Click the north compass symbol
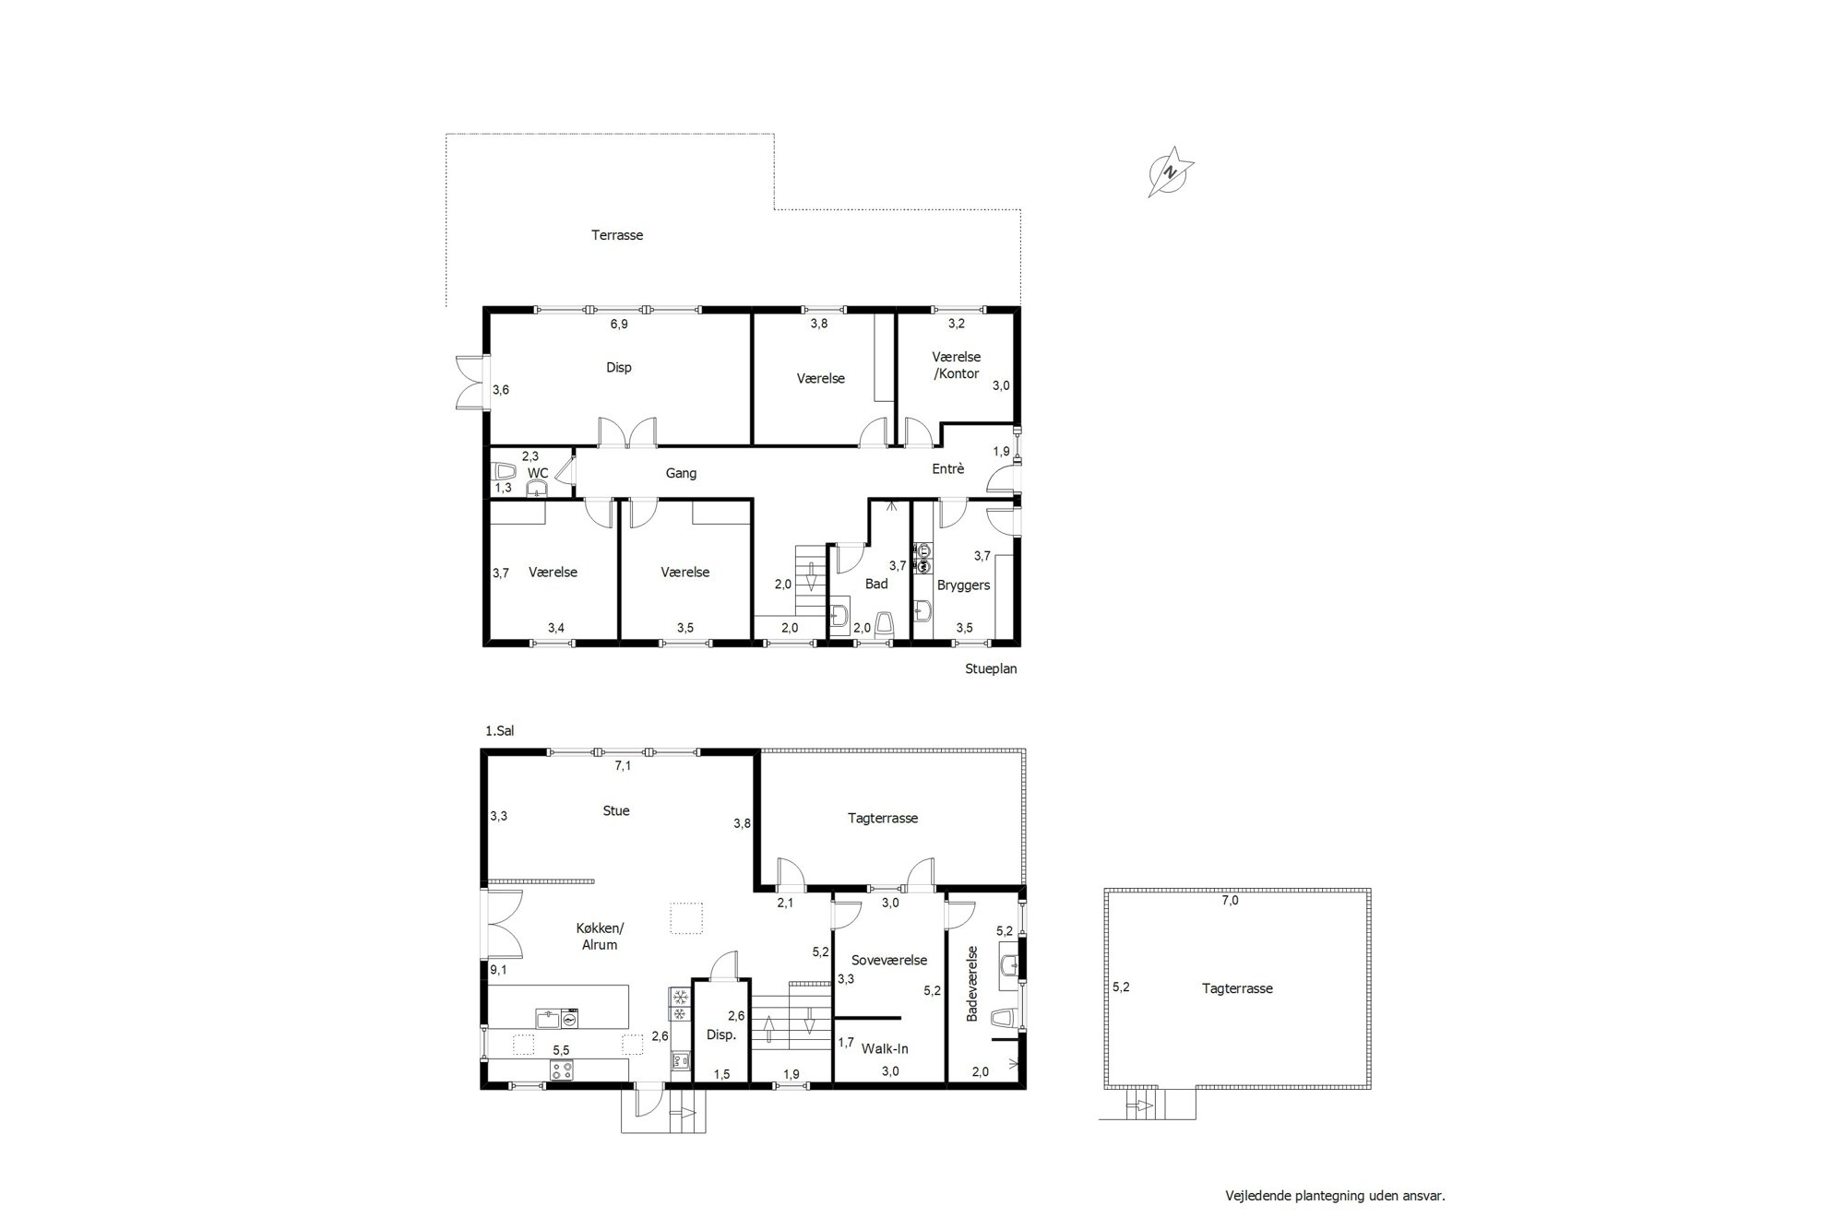(1171, 171)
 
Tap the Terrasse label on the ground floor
(617, 235)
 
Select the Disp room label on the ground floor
(619, 368)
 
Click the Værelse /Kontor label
(957, 365)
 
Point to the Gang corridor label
(681, 473)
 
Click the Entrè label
(948, 468)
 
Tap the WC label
(538, 473)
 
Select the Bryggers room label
(964, 585)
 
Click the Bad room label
(876, 584)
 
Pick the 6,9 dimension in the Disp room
(619, 324)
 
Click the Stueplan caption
(991, 668)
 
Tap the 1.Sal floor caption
(499, 731)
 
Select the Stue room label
(616, 810)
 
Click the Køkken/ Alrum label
(600, 936)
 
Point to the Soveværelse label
(889, 960)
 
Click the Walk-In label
(885, 1048)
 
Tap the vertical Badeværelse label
(971, 983)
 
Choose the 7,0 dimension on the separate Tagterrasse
(1231, 901)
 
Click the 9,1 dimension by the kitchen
(499, 969)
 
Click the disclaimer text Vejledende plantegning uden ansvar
(1335, 1196)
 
